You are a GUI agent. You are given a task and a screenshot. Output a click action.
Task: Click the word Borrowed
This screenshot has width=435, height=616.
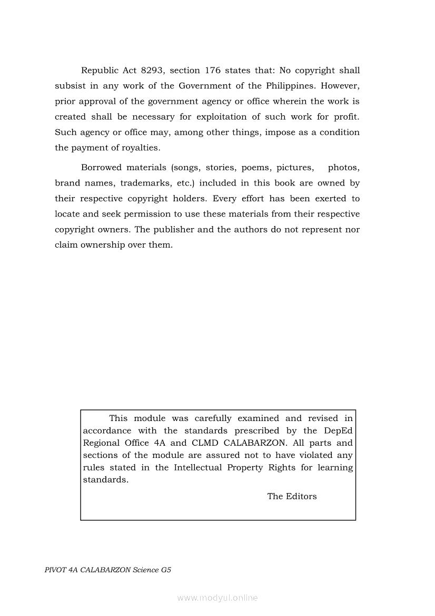100,168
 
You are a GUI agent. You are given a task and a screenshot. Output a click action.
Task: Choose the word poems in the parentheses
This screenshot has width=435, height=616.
255,168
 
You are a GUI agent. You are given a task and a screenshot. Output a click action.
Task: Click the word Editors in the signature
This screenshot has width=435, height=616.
301,496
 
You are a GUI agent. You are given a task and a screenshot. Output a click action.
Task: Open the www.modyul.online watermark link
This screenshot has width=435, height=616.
217,598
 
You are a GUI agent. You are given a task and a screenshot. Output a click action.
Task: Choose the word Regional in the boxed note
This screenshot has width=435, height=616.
101,443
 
